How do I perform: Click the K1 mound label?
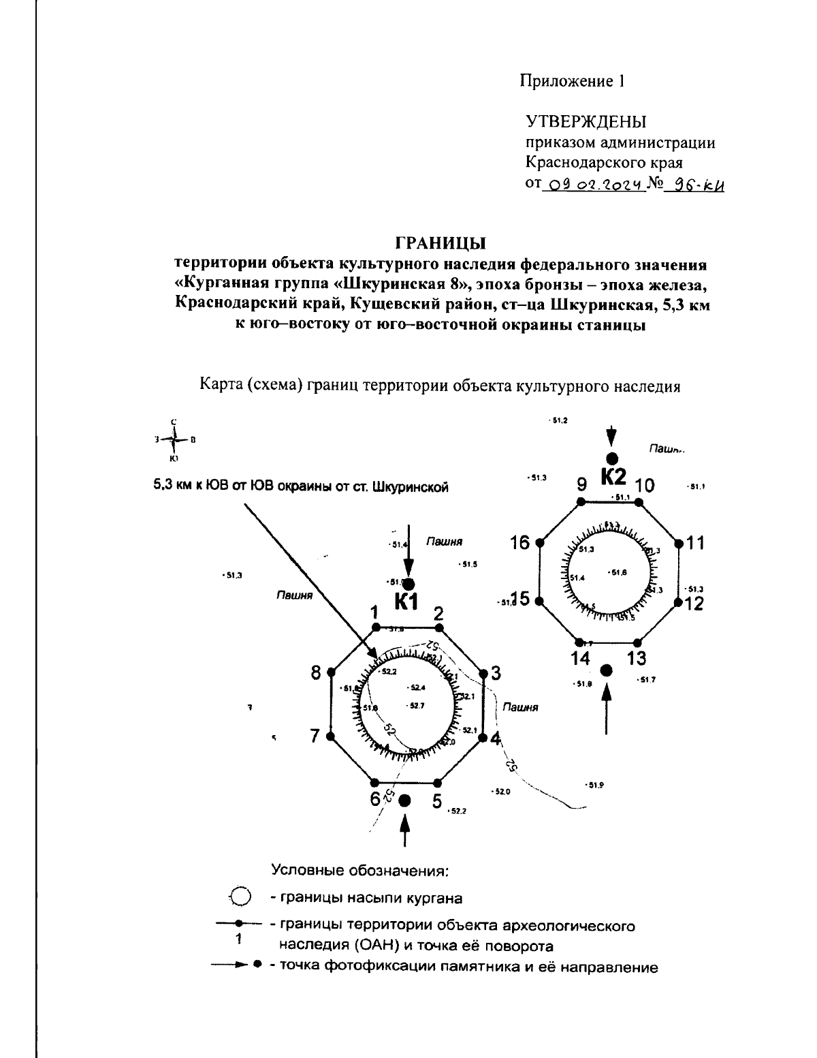pyautogui.click(x=407, y=602)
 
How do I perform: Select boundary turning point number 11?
pyautogui.click(x=678, y=543)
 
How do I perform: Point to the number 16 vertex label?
pyautogui.click(x=519, y=543)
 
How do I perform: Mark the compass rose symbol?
pyautogui.click(x=174, y=441)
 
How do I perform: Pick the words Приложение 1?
pyautogui.click(x=572, y=81)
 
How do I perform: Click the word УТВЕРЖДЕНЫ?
pyautogui.click(x=586, y=122)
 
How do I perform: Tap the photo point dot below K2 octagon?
pyautogui.click(x=607, y=671)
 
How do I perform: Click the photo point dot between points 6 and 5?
pyautogui.click(x=405, y=800)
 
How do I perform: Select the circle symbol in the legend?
pyautogui.click(x=240, y=897)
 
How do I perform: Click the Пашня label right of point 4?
pyautogui.click(x=520, y=708)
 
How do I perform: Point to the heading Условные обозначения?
pyautogui.click(x=360, y=871)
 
